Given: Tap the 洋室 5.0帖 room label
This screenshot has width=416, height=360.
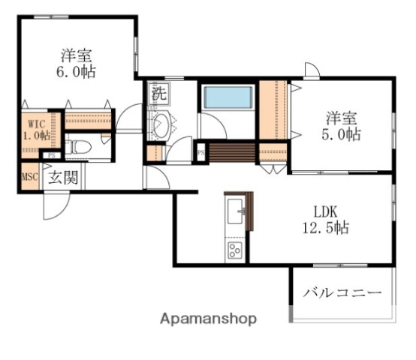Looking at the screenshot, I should click(342, 126).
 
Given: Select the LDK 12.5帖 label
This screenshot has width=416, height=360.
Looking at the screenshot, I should click(329, 218).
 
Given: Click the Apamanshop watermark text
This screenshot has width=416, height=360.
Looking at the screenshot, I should click(208, 318).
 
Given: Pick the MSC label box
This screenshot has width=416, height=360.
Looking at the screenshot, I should click(29, 177).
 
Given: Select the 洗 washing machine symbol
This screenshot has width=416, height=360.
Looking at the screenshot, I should click(158, 94).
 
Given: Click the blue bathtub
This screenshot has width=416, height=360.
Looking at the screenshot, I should click(227, 97).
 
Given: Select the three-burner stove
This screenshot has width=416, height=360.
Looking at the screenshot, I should click(235, 250).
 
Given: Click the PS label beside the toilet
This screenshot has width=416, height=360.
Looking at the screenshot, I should click(51, 155).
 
